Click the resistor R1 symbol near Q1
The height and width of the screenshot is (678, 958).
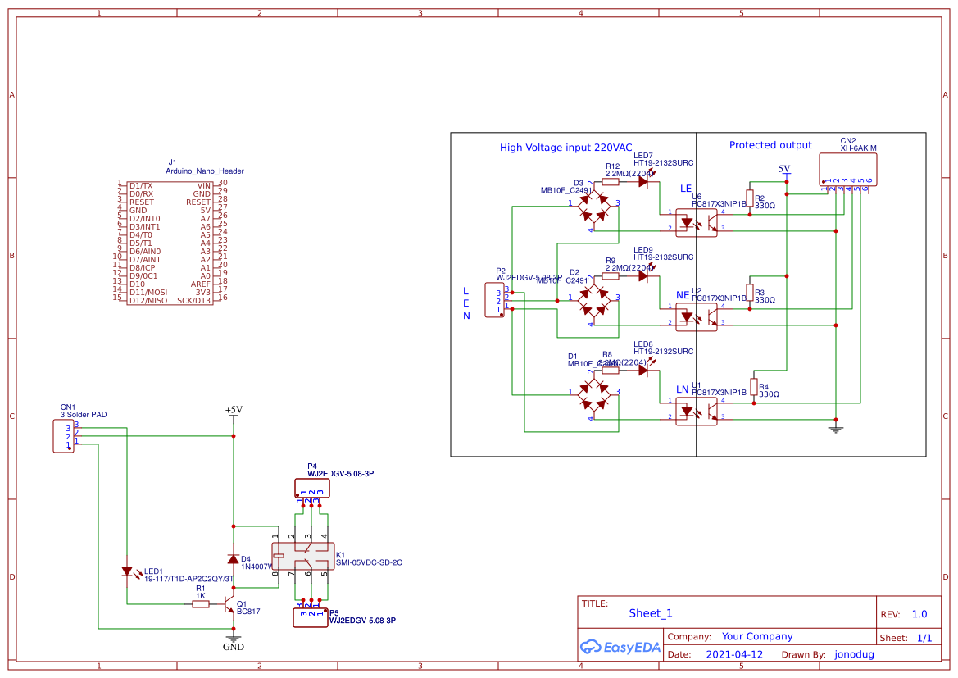(x=200, y=604)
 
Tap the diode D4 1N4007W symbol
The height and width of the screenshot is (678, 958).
(x=234, y=560)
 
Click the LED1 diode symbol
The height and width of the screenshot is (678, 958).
(x=128, y=571)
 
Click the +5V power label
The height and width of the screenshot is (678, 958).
(x=234, y=410)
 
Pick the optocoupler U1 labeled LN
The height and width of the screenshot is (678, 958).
(x=696, y=410)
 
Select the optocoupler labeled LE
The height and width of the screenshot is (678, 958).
(x=696, y=221)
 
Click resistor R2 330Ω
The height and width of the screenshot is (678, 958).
(x=749, y=201)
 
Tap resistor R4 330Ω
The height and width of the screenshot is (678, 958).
(x=753, y=389)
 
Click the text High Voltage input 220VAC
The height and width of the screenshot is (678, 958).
(x=565, y=148)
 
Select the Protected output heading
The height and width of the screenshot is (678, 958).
(x=770, y=145)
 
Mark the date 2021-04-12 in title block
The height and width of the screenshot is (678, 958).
(x=733, y=654)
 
